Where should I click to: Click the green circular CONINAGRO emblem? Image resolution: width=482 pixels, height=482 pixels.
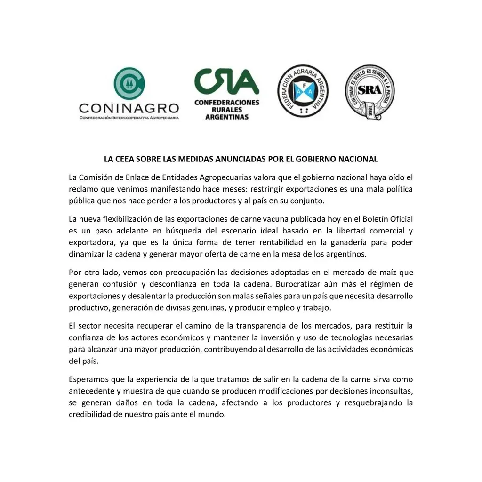tap(129, 84)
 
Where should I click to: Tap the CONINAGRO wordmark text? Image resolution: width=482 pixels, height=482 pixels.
tap(129, 108)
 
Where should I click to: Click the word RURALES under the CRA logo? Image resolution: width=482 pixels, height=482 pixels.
tap(227, 109)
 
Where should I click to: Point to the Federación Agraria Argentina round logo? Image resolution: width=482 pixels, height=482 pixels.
tap(303, 91)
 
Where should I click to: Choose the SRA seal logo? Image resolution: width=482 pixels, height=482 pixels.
tap(370, 92)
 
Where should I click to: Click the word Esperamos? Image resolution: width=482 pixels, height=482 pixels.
tap(88, 379)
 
